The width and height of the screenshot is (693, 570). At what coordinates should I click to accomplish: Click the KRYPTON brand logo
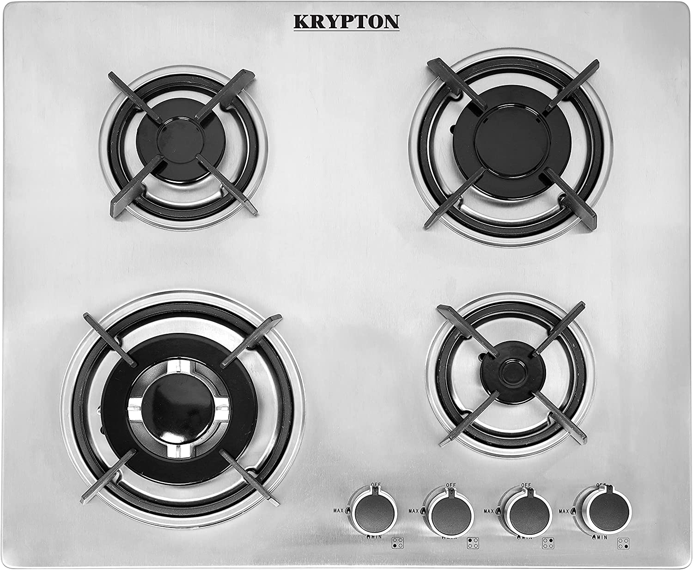click(346, 22)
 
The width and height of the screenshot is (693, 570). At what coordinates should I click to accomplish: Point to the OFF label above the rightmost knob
click(601, 485)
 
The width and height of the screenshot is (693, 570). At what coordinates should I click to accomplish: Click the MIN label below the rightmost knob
click(601, 537)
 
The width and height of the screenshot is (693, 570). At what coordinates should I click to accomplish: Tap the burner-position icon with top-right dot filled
click(548, 543)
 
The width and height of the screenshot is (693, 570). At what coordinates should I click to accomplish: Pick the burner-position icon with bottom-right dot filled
click(623, 543)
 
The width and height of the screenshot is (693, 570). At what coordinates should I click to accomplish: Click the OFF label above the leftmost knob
click(375, 484)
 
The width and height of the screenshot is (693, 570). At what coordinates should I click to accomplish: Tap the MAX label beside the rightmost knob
click(563, 511)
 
